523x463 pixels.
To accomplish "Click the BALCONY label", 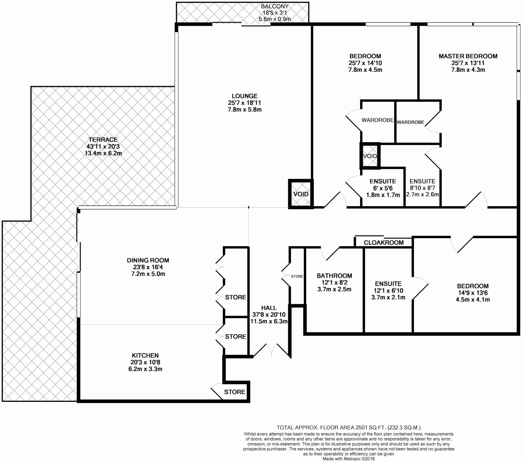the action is (x=275, y=6).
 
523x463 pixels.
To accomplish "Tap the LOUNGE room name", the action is (x=244, y=96).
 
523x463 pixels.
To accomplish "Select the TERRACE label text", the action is (x=103, y=140).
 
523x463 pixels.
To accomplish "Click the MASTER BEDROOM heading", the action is (x=468, y=56).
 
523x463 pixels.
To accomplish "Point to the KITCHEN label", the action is (x=145, y=355).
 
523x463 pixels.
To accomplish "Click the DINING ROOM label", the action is (x=148, y=260).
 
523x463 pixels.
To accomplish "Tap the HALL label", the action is (x=269, y=308).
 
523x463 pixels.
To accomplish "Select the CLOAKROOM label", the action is (x=384, y=243).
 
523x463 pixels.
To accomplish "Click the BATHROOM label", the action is (x=334, y=276).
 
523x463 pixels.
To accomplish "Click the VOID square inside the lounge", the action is (x=301, y=194).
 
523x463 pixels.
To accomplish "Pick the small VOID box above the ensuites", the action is (x=370, y=156).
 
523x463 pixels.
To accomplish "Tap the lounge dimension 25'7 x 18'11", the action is (x=244, y=103).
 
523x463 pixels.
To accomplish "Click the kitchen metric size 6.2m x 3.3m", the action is (x=145, y=369).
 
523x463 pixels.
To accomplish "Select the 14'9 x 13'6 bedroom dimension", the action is (x=473, y=293).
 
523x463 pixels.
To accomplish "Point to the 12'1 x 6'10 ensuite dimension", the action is (x=388, y=291).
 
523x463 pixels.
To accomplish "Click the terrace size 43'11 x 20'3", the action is (x=103, y=147).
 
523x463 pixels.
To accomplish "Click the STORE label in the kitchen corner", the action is (x=235, y=392).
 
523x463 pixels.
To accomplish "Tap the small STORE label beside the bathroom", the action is (x=297, y=276).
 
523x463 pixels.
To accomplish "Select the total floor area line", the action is (x=349, y=427).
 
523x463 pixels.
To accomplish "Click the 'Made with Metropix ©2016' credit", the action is (x=349, y=459).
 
